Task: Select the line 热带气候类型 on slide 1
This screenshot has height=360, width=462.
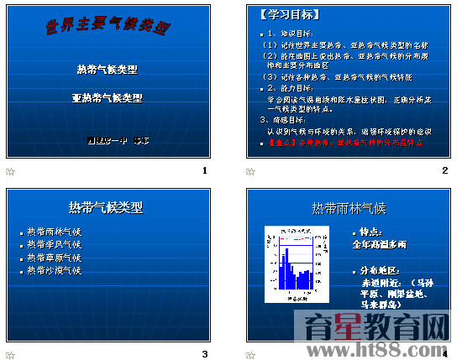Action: [x=107, y=69]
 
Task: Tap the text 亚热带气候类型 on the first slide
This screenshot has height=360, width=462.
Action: [x=107, y=97]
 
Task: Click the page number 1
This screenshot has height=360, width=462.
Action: [x=204, y=171]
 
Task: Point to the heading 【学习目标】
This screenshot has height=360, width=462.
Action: [x=291, y=16]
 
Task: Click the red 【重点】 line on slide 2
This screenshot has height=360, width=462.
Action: [x=344, y=143]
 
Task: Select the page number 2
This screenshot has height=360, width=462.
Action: [x=444, y=171]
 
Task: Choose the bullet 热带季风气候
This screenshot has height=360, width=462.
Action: [x=54, y=245]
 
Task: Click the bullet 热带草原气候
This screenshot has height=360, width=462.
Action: [x=54, y=258]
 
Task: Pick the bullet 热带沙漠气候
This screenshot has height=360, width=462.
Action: [x=54, y=270]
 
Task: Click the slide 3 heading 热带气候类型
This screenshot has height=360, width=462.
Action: [x=106, y=207]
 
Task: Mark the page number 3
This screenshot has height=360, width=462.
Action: [x=204, y=353]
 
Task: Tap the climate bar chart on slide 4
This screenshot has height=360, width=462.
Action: [x=294, y=263]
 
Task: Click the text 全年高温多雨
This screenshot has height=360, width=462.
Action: [x=379, y=245]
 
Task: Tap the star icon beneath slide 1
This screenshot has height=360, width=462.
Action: [x=11, y=171]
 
